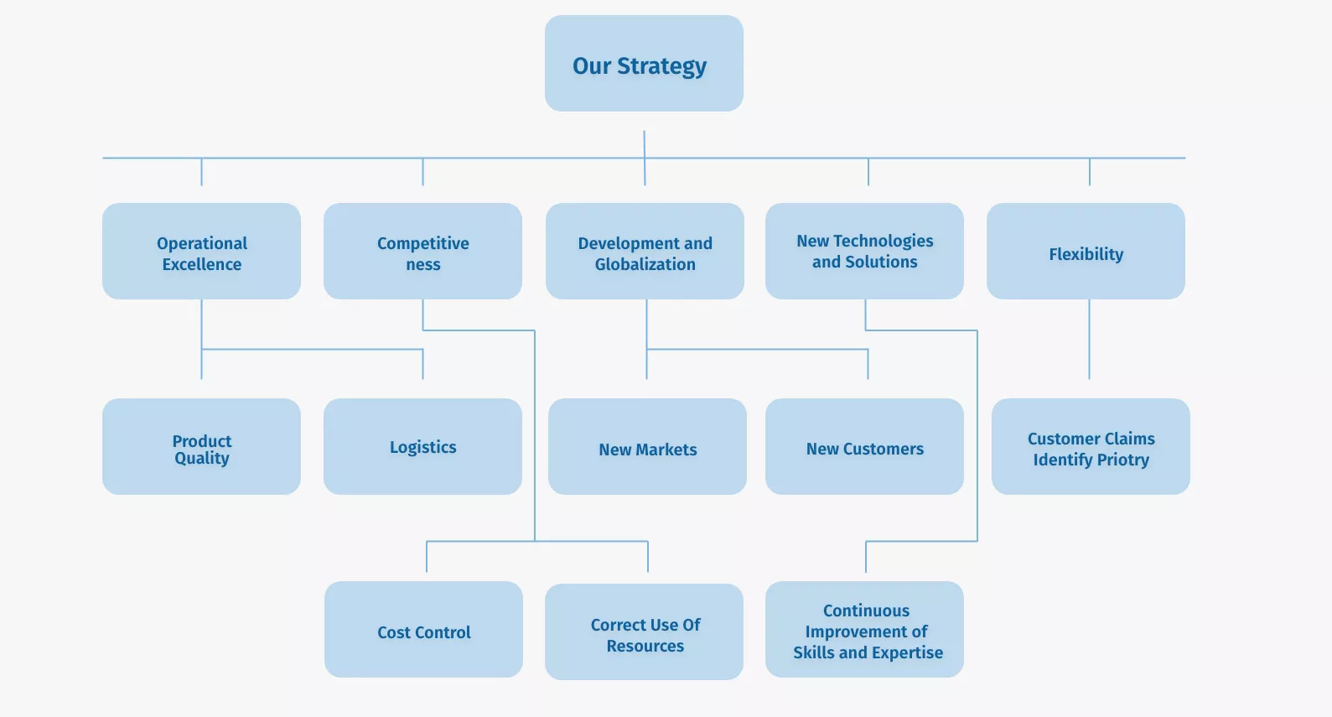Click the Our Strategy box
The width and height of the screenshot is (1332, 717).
[x=644, y=64]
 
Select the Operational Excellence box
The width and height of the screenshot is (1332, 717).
[x=201, y=251]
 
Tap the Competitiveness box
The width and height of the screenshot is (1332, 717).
[x=422, y=251]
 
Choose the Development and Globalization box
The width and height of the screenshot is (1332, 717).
[x=645, y=251]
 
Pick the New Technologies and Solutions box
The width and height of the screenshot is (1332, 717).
[x=864, y=251]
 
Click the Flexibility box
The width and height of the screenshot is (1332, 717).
[x=1086, y=251]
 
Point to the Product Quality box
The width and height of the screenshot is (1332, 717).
[x=201, y=446]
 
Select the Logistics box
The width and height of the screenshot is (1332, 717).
[x=422, y=446]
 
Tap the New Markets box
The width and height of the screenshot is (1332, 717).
[x=647, y=446]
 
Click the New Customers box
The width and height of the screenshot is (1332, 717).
[x=864, y=446]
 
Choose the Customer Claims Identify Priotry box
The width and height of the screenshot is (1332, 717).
[x=1091, y=446]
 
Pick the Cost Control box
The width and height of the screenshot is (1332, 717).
[x=423, y=629]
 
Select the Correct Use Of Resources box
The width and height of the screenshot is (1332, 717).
[x=644, y=631]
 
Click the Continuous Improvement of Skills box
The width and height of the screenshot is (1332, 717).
[x=864, y=629]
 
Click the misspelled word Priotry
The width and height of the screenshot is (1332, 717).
[x=1123, y=460]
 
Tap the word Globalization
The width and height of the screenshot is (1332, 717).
[x=645, y=264]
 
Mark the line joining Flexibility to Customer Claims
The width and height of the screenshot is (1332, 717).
[x=1089, y=340]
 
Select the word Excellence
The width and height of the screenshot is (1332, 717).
[x=202, y=264]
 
